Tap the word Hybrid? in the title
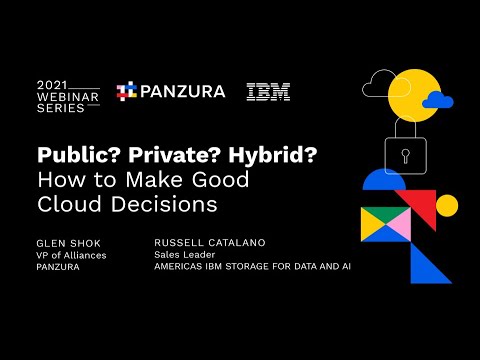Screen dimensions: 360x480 tap(248, 157)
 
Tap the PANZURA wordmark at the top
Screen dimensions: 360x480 tap(182, 91)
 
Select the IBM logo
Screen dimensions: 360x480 tap(268, 91)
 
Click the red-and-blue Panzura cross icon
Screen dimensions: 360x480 tap(126, 91)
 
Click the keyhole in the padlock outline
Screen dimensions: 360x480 tap(405, 156)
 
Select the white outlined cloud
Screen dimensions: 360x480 tap(380, 87)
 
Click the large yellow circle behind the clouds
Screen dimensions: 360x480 tap(410, 95)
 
